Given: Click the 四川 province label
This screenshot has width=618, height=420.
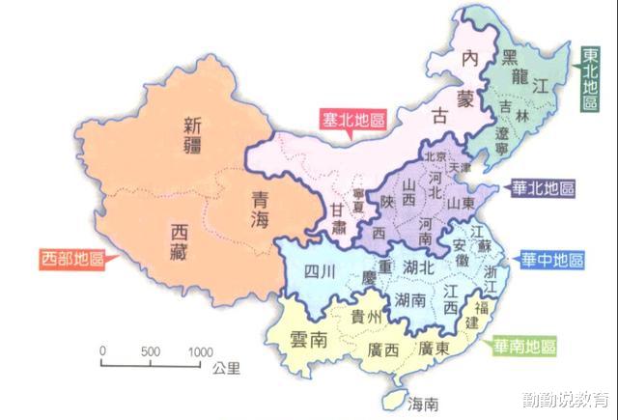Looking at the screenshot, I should [x=319, y=271].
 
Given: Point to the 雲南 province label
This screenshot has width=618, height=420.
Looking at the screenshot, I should [x=310, y=339].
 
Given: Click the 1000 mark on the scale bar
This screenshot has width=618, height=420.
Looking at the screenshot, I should [x=200, y=351].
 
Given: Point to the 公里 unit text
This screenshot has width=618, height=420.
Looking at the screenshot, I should [x=228, y=368].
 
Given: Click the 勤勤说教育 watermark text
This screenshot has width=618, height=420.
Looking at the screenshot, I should [x=564, y=399].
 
